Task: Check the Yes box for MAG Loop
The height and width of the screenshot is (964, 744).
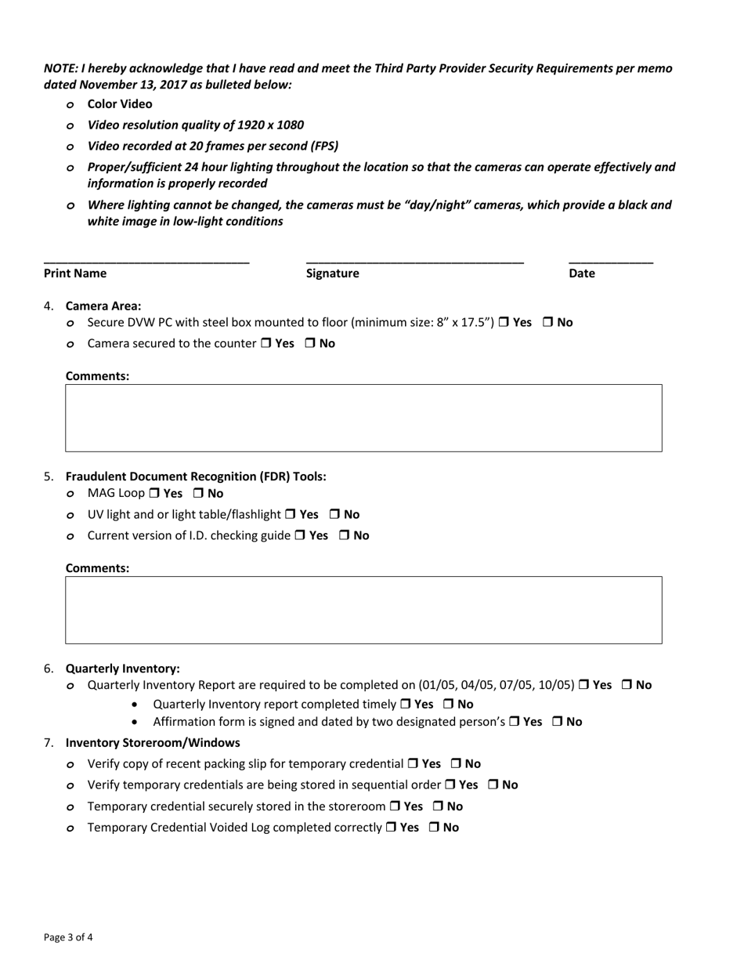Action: [154, 494]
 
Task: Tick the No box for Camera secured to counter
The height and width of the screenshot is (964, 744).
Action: [310, 343]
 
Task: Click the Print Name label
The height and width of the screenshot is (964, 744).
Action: [75, 274]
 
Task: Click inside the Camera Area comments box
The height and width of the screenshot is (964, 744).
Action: [363, 418]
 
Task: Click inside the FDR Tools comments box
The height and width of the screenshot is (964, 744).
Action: [363, 610]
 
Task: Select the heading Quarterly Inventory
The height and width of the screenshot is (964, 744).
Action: [122, 669]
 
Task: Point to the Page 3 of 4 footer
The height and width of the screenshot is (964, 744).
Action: [69, 937]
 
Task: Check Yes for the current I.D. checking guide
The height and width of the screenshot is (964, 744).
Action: [301, 536]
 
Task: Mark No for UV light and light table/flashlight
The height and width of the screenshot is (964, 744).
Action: [334, 515]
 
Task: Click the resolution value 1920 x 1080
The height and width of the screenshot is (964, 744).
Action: [265, 125]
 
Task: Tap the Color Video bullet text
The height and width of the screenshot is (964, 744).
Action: [120, 103]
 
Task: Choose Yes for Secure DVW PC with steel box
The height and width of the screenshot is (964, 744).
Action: [504, 322]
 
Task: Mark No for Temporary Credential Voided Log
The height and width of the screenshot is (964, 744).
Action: [434, 828]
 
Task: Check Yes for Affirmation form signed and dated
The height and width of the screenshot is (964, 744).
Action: [515, 722]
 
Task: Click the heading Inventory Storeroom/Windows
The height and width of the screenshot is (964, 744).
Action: [153, 742]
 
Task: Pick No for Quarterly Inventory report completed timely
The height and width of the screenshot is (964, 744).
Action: [449, 705]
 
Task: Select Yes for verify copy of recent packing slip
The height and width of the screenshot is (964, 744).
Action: [413, 764]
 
